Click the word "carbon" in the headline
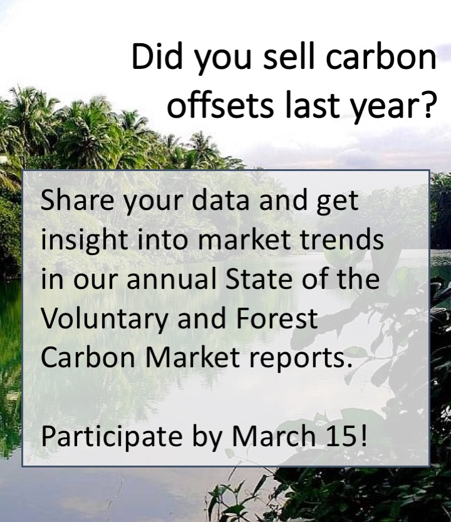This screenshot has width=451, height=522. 381,56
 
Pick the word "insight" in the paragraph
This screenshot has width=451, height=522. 84,241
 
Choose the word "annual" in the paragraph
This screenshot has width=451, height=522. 171,278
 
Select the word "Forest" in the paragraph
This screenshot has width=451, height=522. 277,318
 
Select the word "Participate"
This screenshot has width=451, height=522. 111,437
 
